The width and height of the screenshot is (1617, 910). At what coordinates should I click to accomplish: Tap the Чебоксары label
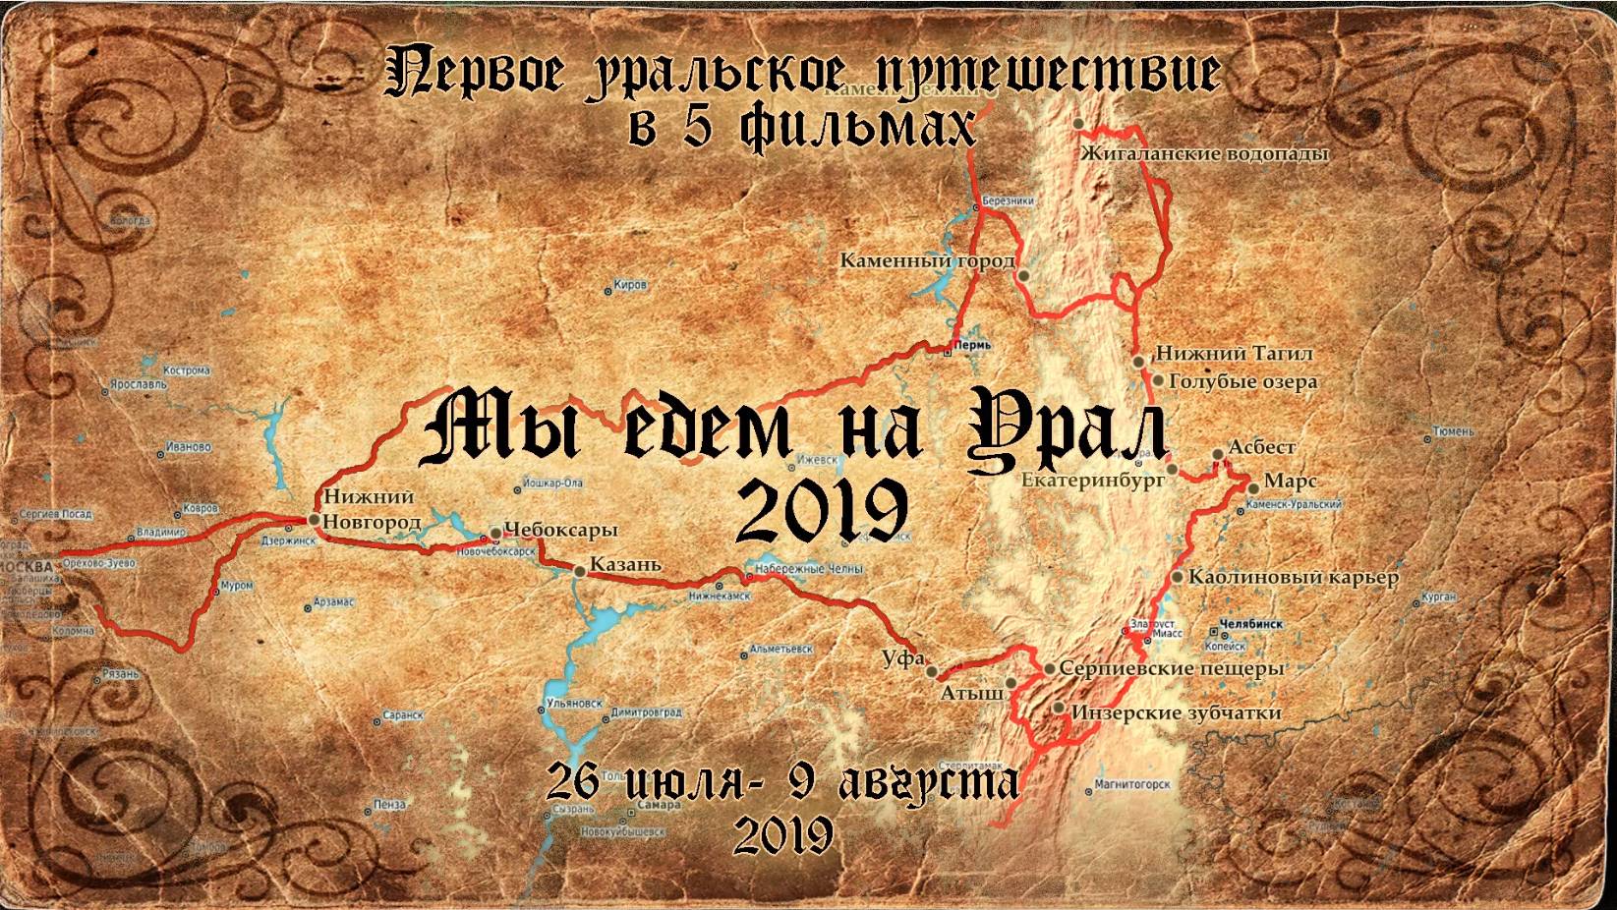point(559,530)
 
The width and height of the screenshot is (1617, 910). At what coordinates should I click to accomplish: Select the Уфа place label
point(902,658)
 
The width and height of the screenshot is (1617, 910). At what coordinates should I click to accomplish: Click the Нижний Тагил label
point(1234,353)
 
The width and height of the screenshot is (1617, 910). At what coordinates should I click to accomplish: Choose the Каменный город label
point(927,261)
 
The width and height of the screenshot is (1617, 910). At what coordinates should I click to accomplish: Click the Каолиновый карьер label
point(1293,577)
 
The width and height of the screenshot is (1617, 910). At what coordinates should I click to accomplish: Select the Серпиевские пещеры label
point(1172,668)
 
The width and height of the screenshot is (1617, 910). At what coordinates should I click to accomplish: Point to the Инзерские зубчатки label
point(1177,712)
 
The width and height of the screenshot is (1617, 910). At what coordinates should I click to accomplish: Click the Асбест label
point(1262,447)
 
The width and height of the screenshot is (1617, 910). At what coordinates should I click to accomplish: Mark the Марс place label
point(1290,482)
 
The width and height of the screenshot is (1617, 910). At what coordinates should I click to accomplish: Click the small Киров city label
point(629,285)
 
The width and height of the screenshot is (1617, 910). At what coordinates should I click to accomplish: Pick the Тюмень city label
point(1454,430)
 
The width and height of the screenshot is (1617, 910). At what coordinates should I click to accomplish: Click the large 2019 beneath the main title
point(822,511)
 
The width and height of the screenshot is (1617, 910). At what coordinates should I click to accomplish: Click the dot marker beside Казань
point(580,569)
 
